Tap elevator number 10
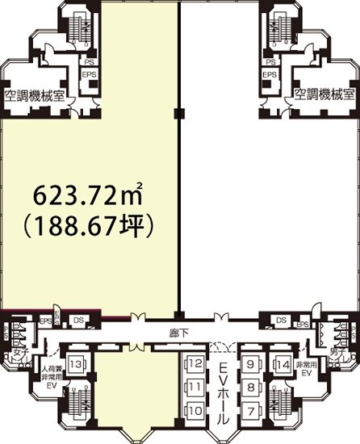pyautogui.click(x=194, y=410)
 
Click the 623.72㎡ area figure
pyautogui.click(x=88, y=195)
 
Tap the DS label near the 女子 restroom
pyautogui.click(x=78, y=320)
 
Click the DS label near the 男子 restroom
pyautogui.click(x=281, y=320)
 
